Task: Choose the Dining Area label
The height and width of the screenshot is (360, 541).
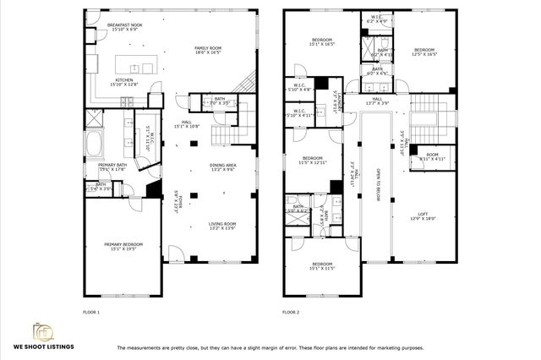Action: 222,166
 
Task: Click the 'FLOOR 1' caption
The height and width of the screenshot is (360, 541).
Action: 91,312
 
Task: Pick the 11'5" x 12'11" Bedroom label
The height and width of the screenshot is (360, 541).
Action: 313,161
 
